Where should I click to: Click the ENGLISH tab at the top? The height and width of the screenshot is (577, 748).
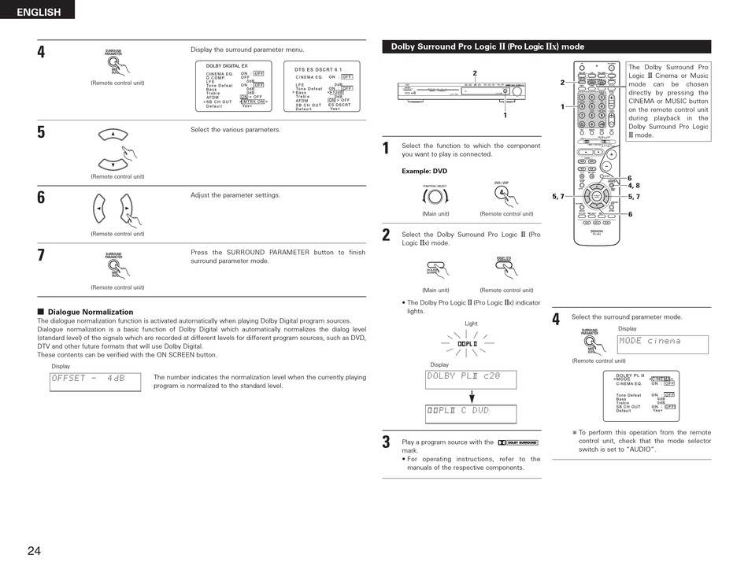(x=38, y=12)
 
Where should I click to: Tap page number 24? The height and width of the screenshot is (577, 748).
(x=34, y=551)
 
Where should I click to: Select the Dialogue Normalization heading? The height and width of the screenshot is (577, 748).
(x=91, y=312)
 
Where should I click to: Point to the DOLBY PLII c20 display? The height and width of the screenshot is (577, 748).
(x=471, y=379)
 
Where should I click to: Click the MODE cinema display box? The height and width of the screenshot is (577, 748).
(x=663, y=344)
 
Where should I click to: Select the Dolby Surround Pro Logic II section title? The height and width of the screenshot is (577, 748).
(x=488, y=46)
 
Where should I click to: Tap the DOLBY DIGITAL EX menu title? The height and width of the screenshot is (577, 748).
(x=227, y=66)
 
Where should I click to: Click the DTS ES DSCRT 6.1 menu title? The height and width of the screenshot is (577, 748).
(x=324, y=69)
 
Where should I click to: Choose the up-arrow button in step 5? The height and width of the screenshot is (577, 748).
(x=114, y=135)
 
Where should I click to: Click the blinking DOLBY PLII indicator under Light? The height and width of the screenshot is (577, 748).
(x=470, y=344)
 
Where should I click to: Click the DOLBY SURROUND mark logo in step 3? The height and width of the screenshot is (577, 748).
(x=517, y=442)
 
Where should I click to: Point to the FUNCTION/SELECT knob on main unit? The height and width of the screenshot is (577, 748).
(x=435, y=197)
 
